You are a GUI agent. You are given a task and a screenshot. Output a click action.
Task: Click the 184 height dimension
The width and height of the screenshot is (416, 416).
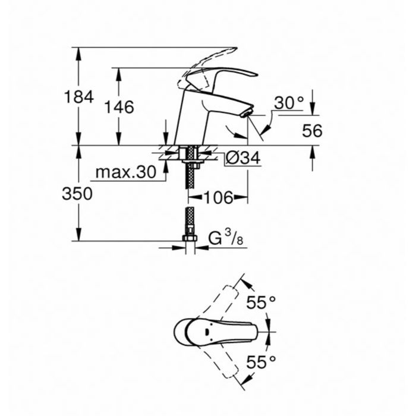(x=79, y=97)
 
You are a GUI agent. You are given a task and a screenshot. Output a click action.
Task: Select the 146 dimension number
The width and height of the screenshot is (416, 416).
(x=119, y=107)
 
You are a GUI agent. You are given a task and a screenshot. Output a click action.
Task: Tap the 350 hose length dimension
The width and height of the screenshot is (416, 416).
(x=77, y=193)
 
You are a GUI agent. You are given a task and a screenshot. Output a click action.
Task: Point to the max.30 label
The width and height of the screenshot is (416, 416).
(x=126, y=172)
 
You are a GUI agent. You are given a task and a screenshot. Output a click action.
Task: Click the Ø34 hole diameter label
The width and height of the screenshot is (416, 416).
(x=243, y=159)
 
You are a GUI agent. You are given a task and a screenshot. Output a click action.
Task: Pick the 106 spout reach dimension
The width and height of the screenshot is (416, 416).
(x=218, y=197)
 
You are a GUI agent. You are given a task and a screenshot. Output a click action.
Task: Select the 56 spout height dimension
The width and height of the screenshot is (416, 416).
(x=312, y=131)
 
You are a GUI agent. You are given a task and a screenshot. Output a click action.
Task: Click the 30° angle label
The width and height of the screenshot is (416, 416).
(x=289, y=103)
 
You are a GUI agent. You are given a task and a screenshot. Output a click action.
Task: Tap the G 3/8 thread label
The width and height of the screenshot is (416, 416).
(x=226, y=238)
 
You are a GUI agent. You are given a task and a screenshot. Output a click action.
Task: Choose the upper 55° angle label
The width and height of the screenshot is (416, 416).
(x=261, y=302)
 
